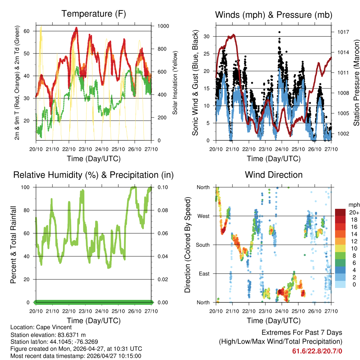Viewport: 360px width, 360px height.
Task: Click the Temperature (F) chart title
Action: [94, 14]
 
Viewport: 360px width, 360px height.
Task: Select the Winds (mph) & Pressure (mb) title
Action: [274, 15]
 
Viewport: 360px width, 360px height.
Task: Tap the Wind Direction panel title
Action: [274, 175]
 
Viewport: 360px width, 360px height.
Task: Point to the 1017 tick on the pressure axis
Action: [343, 32]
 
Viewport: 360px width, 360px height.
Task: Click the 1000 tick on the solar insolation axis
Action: [163, 26]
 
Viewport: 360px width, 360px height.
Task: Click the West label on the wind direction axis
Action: [203, 216]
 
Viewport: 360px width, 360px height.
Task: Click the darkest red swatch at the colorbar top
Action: [340, 212]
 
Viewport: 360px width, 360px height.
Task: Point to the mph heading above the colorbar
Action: [354, 205]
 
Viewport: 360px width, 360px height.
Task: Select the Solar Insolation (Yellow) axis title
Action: [175, 83]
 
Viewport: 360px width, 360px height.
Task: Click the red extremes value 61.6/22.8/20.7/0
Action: [317, 351]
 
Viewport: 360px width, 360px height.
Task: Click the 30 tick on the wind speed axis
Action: [207, 37]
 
